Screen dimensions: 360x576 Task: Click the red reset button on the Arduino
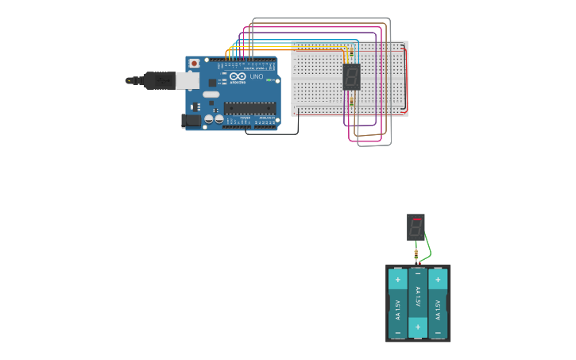pos(194,64)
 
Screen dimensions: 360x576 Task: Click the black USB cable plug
pos(159,80)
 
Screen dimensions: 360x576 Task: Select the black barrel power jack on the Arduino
pos(191,121)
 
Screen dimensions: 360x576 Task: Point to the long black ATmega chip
pos(249,108)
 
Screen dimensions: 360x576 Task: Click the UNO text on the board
pos(257,77)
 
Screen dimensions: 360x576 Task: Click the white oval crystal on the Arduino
pos(211,95)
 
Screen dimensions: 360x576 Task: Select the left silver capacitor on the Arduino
pos(209,119)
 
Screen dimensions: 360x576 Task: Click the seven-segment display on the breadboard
pos(351,76)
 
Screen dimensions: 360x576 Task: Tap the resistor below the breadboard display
pos(351,102)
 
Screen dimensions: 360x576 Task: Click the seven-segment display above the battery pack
pos(416,227)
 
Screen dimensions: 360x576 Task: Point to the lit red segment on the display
pos(416,219)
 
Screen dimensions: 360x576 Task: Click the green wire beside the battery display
pos(427,246)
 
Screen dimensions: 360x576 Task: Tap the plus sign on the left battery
pos(397,280)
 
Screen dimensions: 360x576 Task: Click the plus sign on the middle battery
pos(417,326)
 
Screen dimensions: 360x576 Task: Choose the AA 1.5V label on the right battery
pos(438,304)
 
